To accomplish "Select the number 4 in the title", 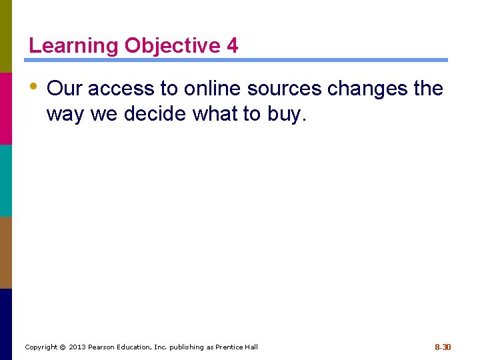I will (x=232, y=46).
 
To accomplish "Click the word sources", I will (x=285, y=89).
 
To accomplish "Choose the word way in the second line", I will (x=65, y=115).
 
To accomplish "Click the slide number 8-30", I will (x=443, y=347).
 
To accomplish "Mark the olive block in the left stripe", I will (x=5, y=36).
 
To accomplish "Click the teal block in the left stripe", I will (x=5, y=181).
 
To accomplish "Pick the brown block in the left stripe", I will (x=5, y=253).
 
